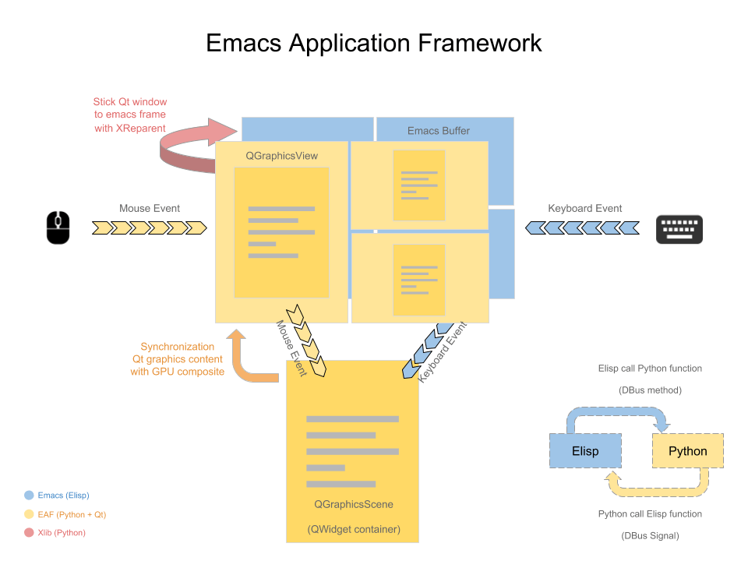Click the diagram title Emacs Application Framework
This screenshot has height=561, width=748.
coord(374,43)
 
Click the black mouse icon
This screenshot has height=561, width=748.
coord(58,228)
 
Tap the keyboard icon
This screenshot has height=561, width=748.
coord(679,229)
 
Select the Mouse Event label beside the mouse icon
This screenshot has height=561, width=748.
coord(150,208)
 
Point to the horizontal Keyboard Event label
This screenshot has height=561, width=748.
coord(584,208)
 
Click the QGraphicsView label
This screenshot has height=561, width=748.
coord(281,156)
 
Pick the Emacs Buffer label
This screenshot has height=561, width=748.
coord(439,131)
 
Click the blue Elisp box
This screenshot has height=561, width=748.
coord(585,451)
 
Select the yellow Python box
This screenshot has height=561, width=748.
coord(687,451)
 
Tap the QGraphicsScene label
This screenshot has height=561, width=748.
coord(353,504)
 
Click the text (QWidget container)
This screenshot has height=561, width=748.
coord(353,530)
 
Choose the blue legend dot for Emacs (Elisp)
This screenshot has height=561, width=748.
coord(30,495)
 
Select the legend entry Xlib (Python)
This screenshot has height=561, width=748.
coord(62,533)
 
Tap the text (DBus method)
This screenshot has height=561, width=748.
coord(650,390)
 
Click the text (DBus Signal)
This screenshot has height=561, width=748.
coord(650,535)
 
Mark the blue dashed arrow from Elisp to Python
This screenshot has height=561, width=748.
coord(616,413)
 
